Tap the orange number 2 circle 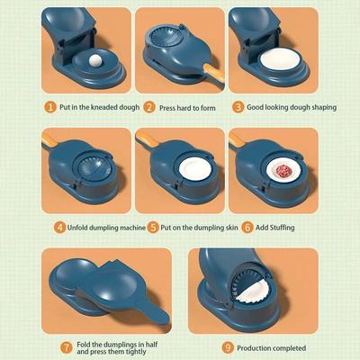[x=150, y=106]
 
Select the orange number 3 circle [x=238, y=106]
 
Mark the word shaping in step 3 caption [x=319, y=106]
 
